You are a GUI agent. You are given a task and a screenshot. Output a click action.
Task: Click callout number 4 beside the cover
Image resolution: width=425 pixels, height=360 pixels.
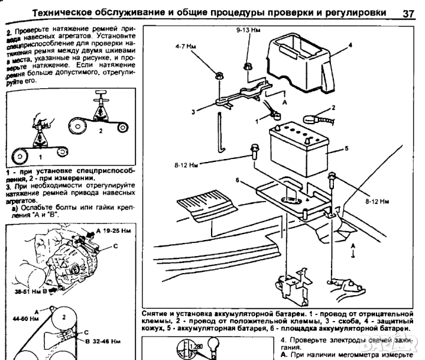coord(350,46)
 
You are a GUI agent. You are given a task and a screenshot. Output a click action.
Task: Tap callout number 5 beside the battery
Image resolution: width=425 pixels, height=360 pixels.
coord(347,146)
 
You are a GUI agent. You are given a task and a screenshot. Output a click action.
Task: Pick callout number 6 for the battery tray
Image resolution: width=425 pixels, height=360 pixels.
coord(237,179)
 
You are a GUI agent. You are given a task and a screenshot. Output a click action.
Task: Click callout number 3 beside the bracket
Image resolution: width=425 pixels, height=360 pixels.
coord(194,111)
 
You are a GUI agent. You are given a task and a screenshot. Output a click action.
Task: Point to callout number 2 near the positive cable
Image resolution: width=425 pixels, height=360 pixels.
coord(333,108)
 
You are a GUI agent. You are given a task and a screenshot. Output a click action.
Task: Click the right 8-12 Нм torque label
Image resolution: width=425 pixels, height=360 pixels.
coord(377,203)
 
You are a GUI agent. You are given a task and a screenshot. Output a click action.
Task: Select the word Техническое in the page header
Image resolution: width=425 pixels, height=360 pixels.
coord(66,13)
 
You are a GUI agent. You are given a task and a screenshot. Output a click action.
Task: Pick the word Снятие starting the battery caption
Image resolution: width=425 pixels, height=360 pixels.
coord(158,313)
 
